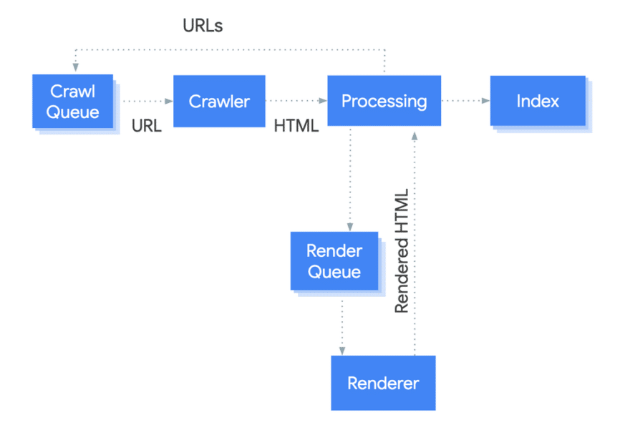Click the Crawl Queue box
(x=73, y=101)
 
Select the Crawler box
(x=219, y=101)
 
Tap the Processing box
(x=384, y=101)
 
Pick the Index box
(x=538, y=101)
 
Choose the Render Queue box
(x=334, y=261)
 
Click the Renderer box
(x=383, y=383)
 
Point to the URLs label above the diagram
(x=203, y=26)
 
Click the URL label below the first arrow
(x=147, y=126)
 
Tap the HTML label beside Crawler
(x=296, y=126)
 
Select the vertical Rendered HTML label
(x=402, y=251)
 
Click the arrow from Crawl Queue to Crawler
(x=148, y=101)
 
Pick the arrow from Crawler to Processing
(x=296, y=101)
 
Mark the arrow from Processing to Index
(x=465, y=100)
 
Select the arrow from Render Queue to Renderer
(x=342, y=328)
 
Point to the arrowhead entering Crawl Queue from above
(x=76, y=67)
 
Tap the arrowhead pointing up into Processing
(x=415, y=136)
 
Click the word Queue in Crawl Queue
(x=73, y=112)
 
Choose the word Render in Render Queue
(x=334, y=250)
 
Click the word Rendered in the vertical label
(x=402, y=275)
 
